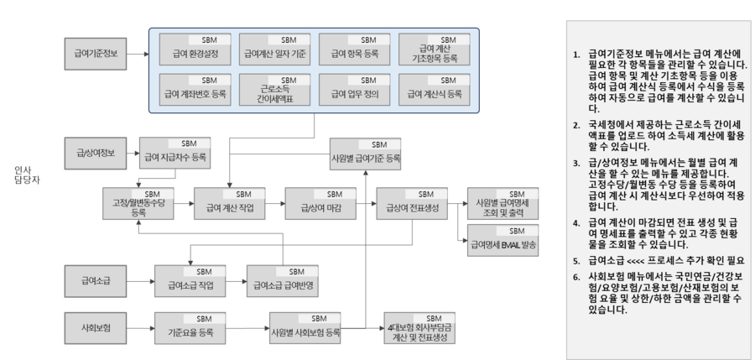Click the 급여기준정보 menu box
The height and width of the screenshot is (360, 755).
[96, 54]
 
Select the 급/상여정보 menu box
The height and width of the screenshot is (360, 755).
[96, 154]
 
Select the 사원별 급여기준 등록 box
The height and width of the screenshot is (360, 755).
[366, 154]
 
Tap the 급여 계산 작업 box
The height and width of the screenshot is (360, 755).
[228, 204]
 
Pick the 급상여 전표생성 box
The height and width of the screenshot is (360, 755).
[411, 204]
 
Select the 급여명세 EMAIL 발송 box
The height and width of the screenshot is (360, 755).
[502, 242]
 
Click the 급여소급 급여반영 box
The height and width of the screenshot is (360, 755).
[282, 282]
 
